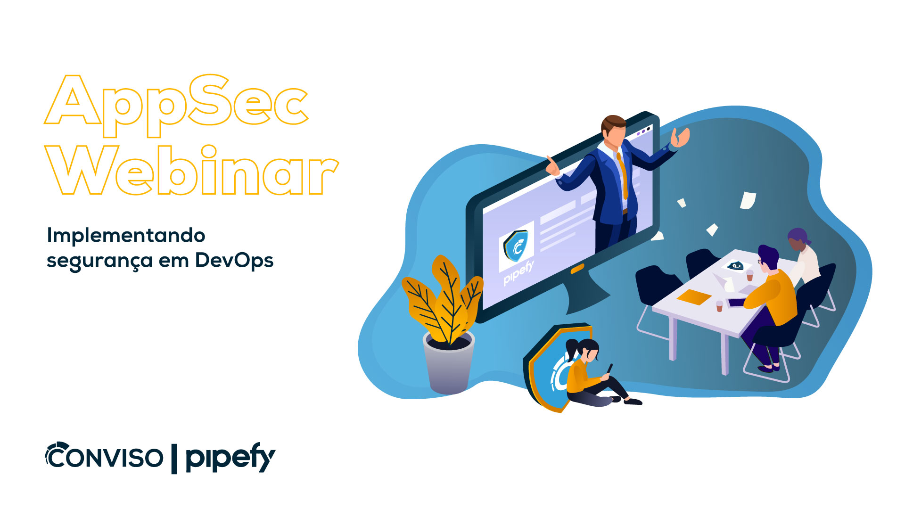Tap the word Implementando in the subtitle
tap(126, 235)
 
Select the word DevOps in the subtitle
tap(234, 261)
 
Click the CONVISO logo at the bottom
tap(104, 456)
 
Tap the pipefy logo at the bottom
tap(230, 457)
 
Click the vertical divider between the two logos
tap(174, 459)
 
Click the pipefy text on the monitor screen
tap(518, 273)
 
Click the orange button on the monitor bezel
tap(577, 269)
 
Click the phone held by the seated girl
tap(609, 369)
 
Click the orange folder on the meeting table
tap(694, 297)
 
